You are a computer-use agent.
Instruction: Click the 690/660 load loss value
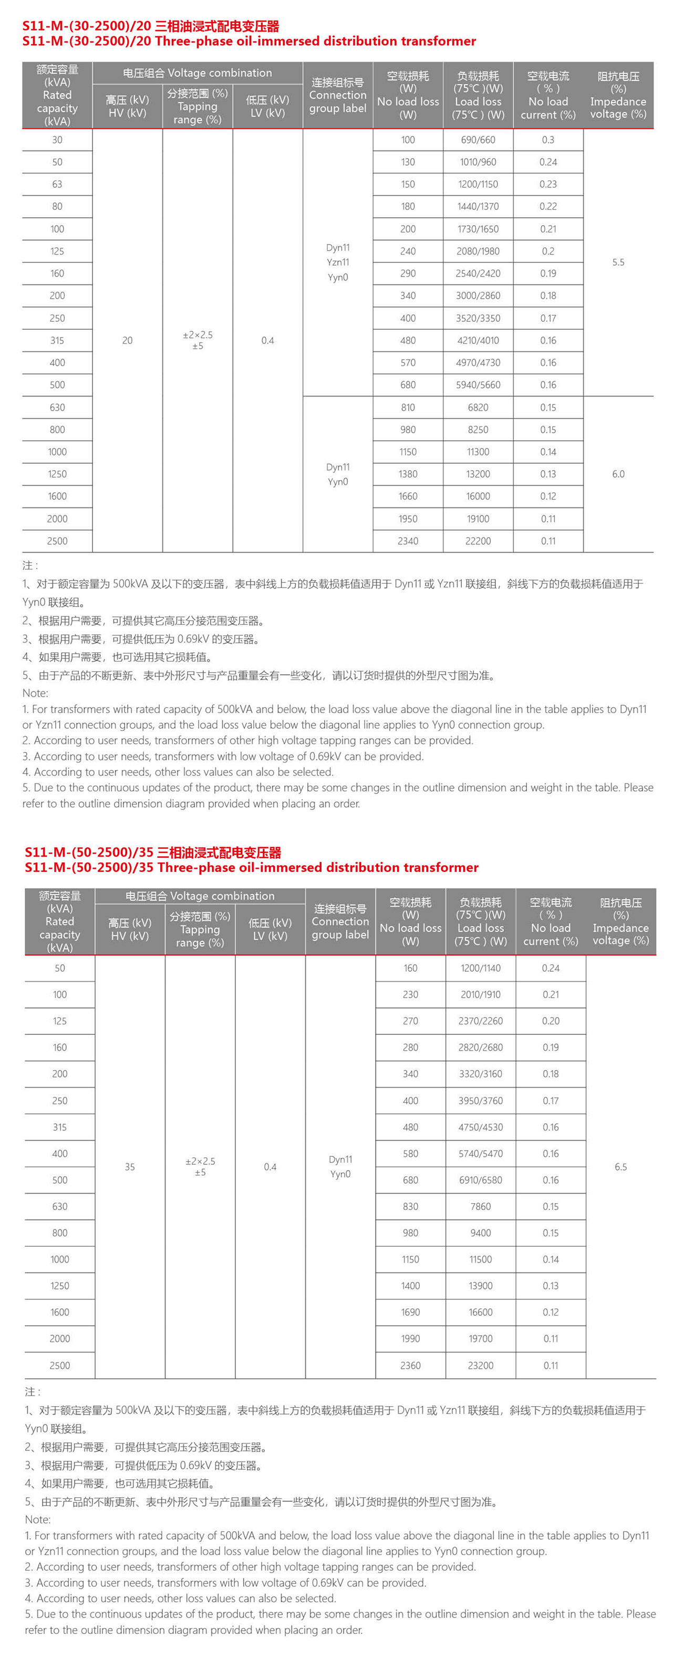[x=478, y=140]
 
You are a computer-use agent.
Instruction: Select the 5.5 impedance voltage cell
[x=618, y=262]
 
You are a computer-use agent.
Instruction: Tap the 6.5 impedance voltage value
[x=620, y=1166]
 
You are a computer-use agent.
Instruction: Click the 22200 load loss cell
[x=478, y=541]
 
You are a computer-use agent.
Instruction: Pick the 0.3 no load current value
[x=548, y=140]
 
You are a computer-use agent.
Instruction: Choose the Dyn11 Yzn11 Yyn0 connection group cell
[x=338, y=262]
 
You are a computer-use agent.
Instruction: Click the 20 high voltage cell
[x=128, y=340]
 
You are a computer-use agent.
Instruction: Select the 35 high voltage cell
[x=130, y=1166]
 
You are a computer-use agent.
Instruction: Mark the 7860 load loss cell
[x=481, y=1206]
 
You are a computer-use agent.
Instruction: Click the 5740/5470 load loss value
[x=481, y=1153]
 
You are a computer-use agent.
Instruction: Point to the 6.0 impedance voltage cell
[x=618, y=474]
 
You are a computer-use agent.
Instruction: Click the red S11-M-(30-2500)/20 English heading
[x=249, y=42]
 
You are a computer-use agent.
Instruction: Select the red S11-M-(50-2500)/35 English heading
[x=252, y=867]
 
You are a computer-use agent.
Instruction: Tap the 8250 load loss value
[x=478, y=430]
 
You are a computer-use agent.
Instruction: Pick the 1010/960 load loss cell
[x=478, y=162]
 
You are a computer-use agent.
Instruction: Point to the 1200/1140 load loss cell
[x=481, y=968]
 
